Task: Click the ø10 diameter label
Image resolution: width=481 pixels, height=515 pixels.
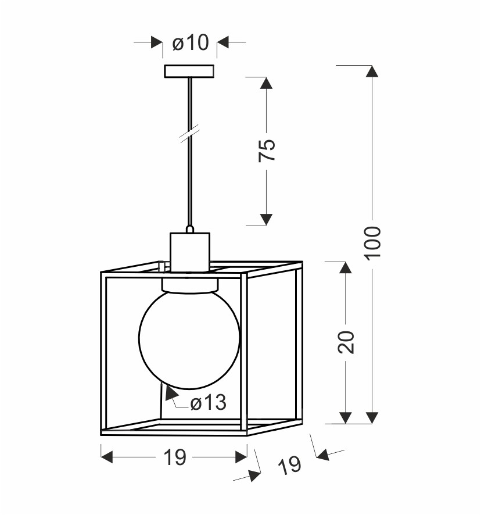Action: pyautogui.click(x=191, y=42)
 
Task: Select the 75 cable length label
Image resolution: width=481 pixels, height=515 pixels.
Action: pyautogui.click(x=267, y=151)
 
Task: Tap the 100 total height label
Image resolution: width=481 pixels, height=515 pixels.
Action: pyautogui.click(x=373, y=243)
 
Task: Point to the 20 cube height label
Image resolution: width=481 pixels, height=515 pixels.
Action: pyautogui.click(x=346, y=342)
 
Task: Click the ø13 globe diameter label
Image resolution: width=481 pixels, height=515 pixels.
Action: pyautogui.click(x=209, y=402)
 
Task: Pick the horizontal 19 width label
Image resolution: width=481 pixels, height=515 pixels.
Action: pyautogui.click(x=175, y=457)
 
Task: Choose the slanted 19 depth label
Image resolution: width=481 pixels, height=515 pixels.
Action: pyautogui.click(x=289, y=466)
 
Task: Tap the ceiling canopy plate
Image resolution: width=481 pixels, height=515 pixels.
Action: pyautogui.click(x=189, y=71)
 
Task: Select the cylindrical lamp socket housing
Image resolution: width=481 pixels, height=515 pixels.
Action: pyautogui.click(x=190, y=252)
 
